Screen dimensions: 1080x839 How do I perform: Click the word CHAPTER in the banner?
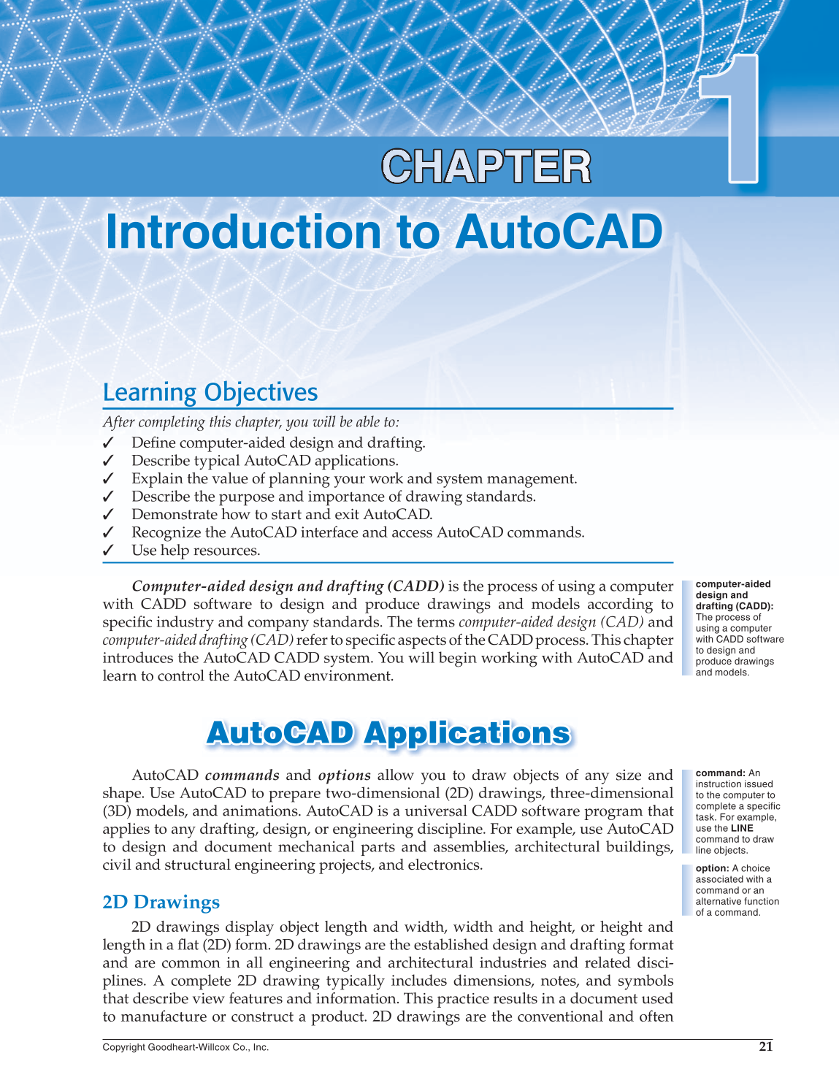[x=486, y=167]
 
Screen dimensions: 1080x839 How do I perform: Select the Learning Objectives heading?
[x=210, y=392]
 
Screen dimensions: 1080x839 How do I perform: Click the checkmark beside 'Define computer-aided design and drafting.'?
[x=108, y=443]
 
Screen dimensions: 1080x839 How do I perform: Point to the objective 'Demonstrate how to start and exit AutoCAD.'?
[x=282, y=514]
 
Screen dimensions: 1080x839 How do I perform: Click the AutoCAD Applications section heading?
[x=388, y=733]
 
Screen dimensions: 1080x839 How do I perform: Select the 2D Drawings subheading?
[x=161, y=903]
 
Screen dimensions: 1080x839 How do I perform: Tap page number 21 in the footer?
[x=765, y=1046]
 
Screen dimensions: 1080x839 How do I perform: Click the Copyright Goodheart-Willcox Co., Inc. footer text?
[x=185, y=1047]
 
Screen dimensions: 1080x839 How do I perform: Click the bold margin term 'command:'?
[x=720, y=773]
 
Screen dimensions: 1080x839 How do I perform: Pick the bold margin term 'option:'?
[x=712, y=868]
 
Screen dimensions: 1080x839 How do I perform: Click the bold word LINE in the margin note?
[x=742, y=828]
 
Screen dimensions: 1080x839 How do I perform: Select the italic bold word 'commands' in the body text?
[x=242, y=775]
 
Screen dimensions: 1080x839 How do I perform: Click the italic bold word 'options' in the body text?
[x=344, y=775]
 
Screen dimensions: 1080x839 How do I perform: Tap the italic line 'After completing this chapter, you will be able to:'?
[x=250, y=422]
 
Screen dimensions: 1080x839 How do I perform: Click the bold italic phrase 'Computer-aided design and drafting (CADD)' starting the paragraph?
[x=288, y=586]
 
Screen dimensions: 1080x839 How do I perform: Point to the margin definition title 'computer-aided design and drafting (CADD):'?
[x=732, y=595]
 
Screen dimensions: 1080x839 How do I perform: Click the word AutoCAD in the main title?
[x=559, y=232]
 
